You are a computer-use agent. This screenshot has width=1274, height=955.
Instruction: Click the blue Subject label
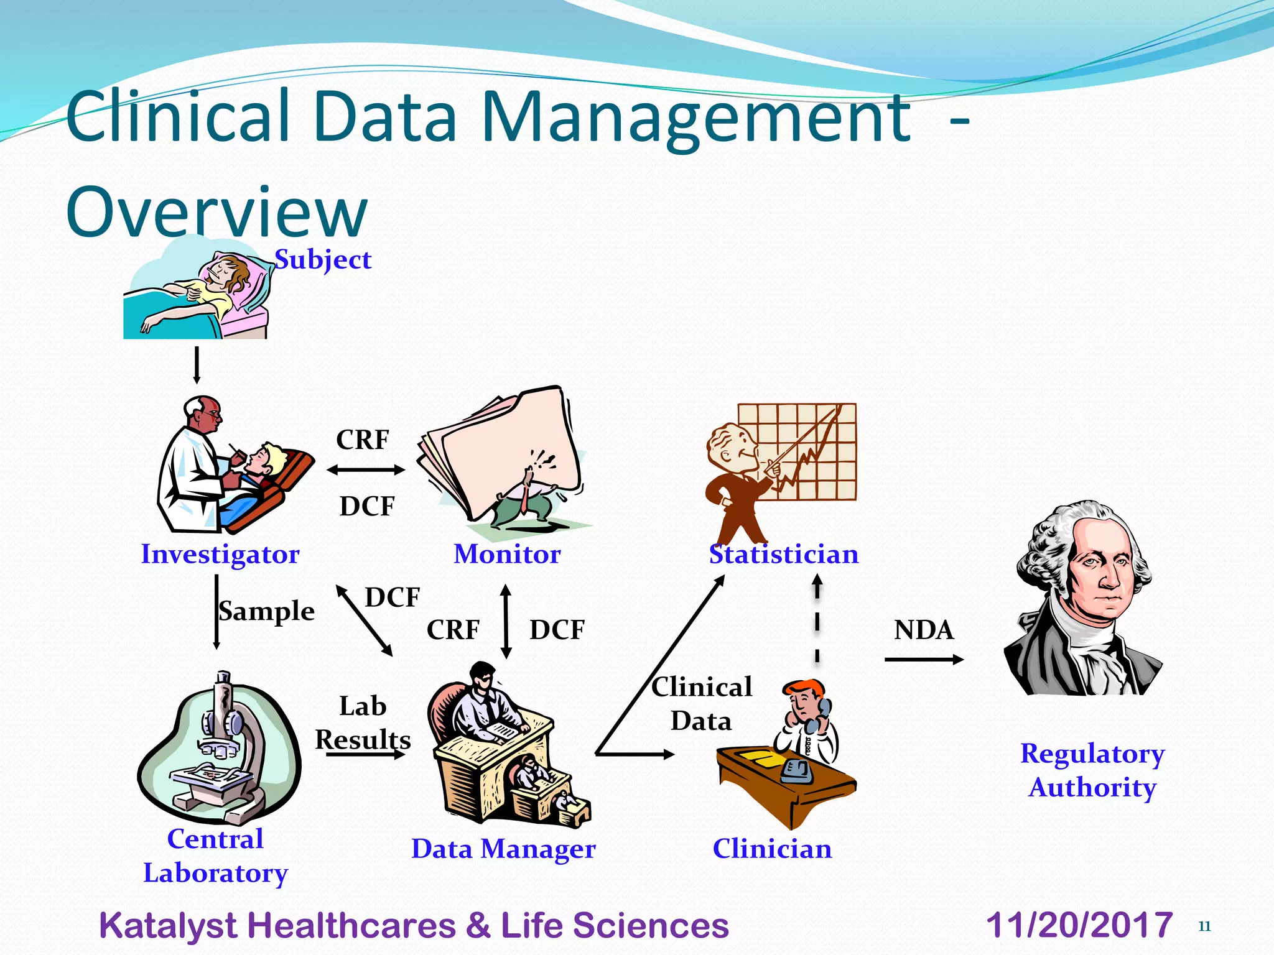coord(323,260)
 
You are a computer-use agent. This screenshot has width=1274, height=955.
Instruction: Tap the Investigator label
coord(220,554)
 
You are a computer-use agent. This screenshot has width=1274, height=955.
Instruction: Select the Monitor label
coord(507,554)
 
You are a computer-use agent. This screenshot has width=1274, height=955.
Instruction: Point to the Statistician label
coord(784,554)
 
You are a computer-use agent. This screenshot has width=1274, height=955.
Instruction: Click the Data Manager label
coord(503,849)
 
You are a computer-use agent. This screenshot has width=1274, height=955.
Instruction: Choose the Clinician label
coord(772,849)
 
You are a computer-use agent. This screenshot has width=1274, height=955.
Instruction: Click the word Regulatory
coord(1092,754)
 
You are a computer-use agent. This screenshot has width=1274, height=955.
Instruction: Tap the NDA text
coord(923,630)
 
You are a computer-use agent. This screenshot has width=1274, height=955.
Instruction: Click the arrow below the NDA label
coord(923,659)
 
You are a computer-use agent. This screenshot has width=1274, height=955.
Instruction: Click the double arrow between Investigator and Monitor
coord(366,470)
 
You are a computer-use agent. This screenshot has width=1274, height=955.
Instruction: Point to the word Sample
coord(266,611)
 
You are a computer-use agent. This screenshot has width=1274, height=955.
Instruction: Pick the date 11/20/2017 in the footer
coord(1079,925)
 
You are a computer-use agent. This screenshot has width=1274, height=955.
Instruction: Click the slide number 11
coord(1204,926)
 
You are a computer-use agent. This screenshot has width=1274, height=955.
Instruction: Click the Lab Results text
coord(363,723)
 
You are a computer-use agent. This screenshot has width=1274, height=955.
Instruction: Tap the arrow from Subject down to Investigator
coord(197,365)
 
